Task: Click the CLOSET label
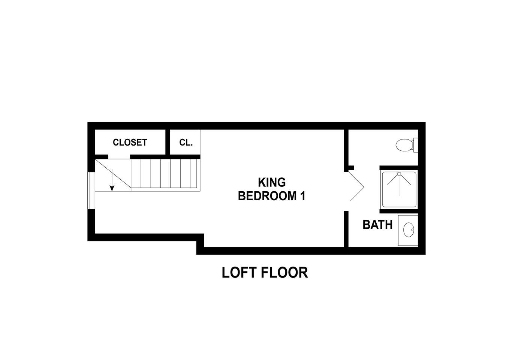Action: tap(130, 142)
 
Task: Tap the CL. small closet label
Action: tap(186, 142)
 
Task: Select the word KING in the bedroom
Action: tap(272, 182)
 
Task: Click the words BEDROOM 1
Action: tap(271, 196)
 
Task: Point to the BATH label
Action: tap(377, 225)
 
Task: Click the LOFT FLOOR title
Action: tap(265, 273)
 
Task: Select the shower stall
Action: tap(399, 189)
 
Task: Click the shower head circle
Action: tap(399, 174)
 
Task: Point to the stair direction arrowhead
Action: tap(112, 188)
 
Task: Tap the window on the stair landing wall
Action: tap(91, 190)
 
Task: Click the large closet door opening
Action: tap(119, 157)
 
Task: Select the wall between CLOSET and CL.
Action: tap(168, 142)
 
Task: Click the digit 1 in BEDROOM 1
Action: tap(302, 196)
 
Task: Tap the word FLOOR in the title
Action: tap(284, 273)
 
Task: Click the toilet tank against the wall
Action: tap(416, 145)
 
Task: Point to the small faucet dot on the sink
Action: tap(412, 230)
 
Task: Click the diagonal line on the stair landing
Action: tap(113, 174)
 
